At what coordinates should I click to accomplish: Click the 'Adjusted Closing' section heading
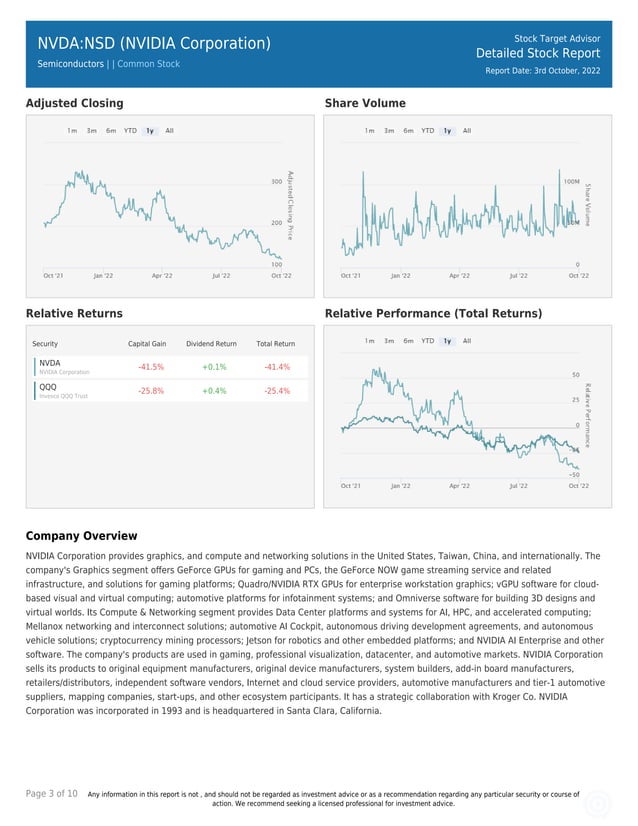[75, 103]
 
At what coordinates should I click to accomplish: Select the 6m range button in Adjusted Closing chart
[111, 130]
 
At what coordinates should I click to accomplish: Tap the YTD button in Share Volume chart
[427, 130]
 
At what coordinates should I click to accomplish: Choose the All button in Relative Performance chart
[467, 341]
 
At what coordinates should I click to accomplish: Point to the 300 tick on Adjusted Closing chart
[276, 182]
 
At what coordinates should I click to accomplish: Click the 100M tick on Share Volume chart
[572, 182]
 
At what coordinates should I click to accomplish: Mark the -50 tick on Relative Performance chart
[575, 474]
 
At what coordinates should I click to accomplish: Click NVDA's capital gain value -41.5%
[151, 367]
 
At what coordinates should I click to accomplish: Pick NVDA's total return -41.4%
[277, 367]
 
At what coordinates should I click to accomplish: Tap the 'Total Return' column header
[275, 344]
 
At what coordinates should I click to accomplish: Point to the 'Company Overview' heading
[81, 536]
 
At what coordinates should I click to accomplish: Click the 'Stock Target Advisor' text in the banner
[557, 38]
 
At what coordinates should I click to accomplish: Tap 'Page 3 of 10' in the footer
[52, 793]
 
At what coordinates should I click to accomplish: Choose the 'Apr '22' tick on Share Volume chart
[459, 274]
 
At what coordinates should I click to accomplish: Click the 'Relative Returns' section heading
[74, 314]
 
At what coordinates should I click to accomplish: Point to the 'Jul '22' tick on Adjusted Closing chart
[221, 274]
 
